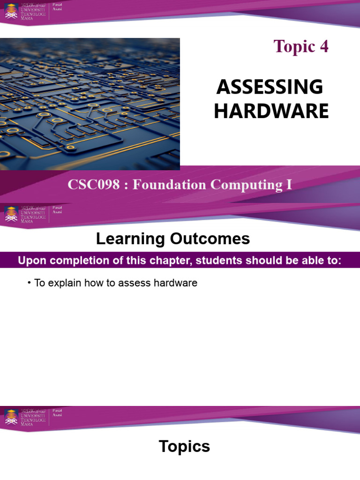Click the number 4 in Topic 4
click(324, 47)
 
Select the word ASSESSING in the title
click(269, 87)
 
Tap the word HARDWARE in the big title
click(271, 112)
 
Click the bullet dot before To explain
click(29, 284)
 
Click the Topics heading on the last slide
click(184, 447)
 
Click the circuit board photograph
click(90, 104)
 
